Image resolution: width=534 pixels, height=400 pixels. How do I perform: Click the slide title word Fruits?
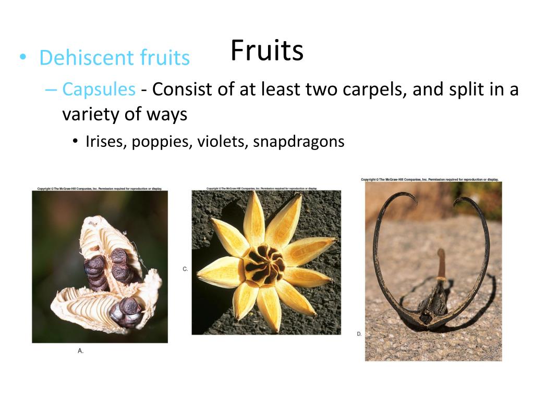coord(266,51)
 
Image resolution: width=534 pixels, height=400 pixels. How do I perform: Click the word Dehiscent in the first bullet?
coord(80,58)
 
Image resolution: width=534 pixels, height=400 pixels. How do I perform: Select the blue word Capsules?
coord(99,90)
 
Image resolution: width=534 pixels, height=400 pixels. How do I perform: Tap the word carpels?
coord(375,90)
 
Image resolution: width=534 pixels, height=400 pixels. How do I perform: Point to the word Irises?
coord(106,142)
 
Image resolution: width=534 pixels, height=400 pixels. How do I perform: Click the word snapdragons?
coord(298,142)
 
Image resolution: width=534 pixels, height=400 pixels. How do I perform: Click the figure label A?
coord(80,351)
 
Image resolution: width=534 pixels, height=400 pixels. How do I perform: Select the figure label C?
coord(185,269)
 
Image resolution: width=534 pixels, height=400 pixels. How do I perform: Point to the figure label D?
coord(359,334)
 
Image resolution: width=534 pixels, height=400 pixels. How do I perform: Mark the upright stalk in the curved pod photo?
coord(441,266)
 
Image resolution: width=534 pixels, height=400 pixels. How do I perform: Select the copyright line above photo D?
coord(430,180)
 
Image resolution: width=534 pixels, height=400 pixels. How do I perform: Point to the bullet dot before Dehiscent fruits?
coord(22,57)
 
